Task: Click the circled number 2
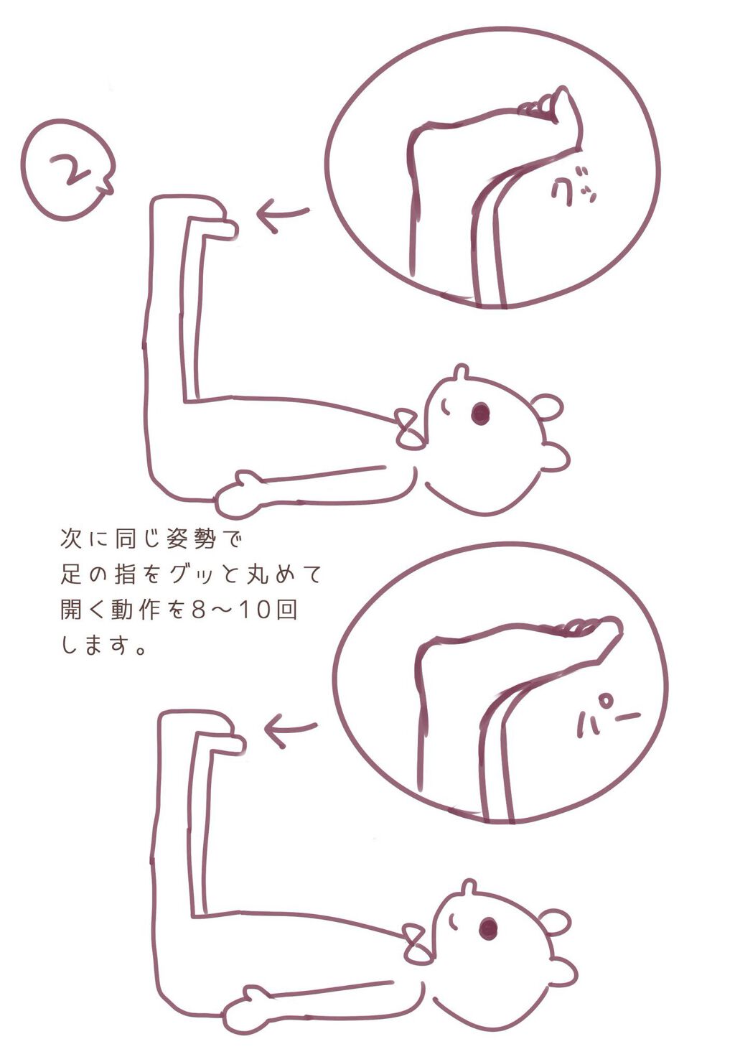click(x=67, y=171)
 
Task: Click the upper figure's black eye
click(x=479, y=413)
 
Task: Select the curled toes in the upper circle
click(x=549, y=105)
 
